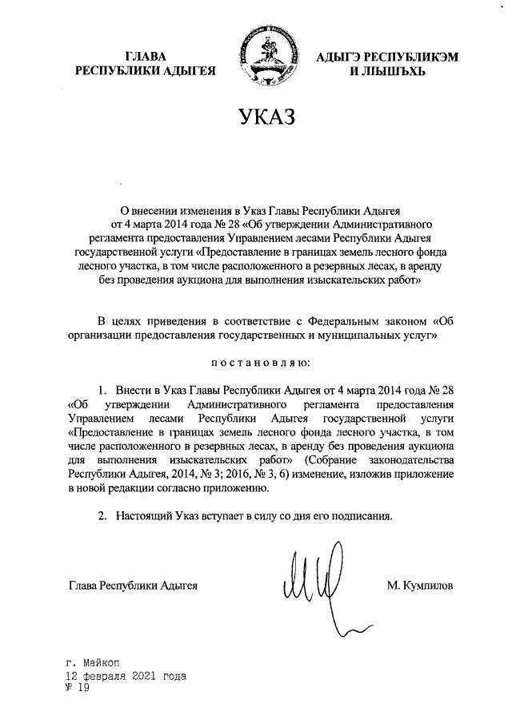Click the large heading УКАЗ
(262, 117)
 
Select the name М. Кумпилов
(419, 586)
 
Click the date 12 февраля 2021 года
(126, 675)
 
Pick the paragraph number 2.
(102, 515)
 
